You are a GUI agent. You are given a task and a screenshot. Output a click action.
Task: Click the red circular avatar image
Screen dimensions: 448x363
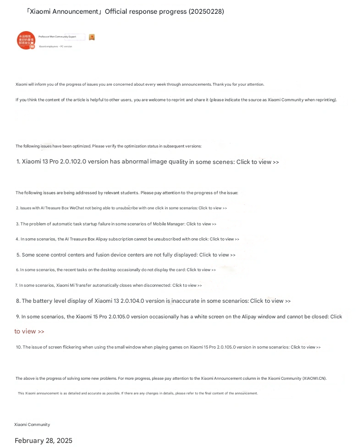[26, 40]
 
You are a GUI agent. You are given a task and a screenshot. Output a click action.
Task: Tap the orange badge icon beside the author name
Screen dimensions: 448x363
[92, 37]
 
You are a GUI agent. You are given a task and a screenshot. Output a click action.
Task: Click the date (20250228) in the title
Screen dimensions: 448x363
[206, 11]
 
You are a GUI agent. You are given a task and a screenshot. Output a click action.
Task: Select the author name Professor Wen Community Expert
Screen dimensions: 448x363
[57, 36]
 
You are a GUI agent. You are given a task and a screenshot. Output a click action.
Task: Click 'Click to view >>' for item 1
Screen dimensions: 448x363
[258, 162]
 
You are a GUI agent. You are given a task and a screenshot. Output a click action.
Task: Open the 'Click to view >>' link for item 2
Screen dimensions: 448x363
[213, 208]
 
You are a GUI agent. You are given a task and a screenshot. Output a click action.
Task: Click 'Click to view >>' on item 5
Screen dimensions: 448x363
[217, 255]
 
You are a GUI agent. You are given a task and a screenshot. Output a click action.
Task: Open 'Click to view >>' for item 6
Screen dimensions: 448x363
[201, 270]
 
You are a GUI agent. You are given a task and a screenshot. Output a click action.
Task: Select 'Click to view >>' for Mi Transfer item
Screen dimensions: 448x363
[187, 285]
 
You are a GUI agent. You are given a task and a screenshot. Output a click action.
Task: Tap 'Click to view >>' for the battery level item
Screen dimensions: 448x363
[270, 301]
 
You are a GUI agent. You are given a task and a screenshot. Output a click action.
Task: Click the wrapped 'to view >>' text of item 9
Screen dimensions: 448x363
[29, 331]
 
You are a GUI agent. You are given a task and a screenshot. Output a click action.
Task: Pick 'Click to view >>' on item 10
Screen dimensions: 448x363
[306, 347]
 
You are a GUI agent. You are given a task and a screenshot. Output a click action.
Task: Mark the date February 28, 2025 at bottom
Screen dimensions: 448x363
[44, 441]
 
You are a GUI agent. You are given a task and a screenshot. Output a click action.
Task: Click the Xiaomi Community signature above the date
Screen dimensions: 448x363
[32, 425]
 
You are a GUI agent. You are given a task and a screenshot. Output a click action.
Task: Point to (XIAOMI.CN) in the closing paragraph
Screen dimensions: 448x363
[314, 378]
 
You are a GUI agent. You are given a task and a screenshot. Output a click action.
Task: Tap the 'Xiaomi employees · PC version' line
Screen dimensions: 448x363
[55, 47]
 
